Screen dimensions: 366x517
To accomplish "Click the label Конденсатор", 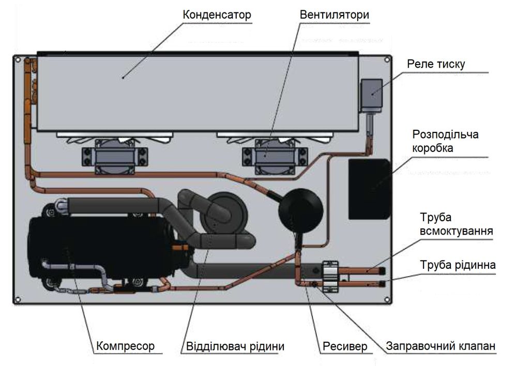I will pyautogui.click(x=217, y=14).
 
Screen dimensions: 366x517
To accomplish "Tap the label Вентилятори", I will pyautogui.click(x=334, y=14).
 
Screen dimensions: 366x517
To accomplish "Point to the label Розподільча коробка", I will pyautogui.click(x=445, y=141).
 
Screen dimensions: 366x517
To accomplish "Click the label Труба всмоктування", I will pyautogui.click(x=455, y=223).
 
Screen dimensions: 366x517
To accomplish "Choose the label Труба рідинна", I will pyautogui.click(x=458, y=265).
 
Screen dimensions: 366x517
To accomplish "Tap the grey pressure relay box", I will pyautogui.click(x=371, y=96).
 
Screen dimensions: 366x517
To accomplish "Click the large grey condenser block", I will pyautogui.click(x=196, y=90).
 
